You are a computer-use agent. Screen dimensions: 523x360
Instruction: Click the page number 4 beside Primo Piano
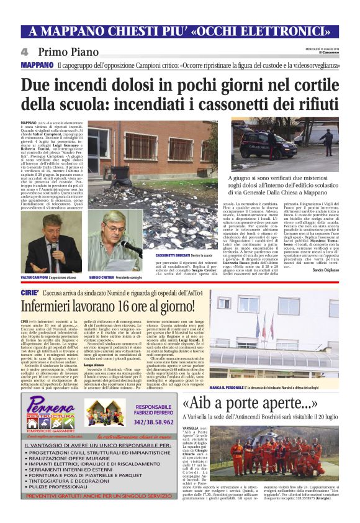pyautogui.click(x=24, y=52)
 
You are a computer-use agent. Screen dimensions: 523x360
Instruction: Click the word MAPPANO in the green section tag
pyautogui.click(x=37, y=65)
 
